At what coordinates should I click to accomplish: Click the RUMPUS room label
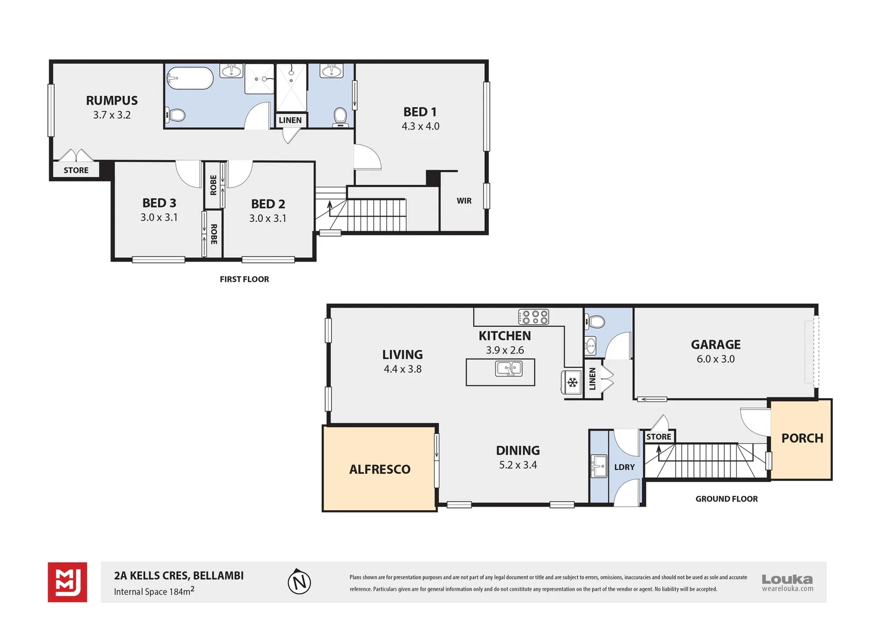(x=112, y=101)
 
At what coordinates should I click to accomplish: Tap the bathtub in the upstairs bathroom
(x=190, y=79)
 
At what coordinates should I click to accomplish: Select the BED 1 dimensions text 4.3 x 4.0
(x=420, y=126)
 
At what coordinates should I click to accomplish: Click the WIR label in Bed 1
(x=464, y=201)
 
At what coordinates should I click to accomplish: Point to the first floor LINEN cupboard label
(x=290, y=120)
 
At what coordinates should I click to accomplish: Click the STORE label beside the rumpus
(x=76, y=170)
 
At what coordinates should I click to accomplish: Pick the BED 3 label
(x=159, y=203)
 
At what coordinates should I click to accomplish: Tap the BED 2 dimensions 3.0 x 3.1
(x=268, y=218)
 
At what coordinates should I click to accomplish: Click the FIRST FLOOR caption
(x=244, y=279)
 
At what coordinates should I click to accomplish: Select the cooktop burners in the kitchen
(x=533, y=317)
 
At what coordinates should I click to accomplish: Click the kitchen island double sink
(x=509, y=369)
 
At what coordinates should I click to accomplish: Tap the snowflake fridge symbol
(x=572, y=382)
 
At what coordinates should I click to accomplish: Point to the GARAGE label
(x=715, y=344)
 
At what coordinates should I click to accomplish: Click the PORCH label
(x=802, y=438)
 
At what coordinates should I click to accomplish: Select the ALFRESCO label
(x=380, y=469)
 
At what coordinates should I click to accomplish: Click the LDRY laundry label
(x=624, y=467)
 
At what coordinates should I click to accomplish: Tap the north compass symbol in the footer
(x=299, y=582)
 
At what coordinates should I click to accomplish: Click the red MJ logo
(x=68, y=582)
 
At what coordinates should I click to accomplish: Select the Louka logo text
(x=786, y=579)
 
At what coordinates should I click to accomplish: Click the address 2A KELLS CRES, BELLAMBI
(x=179, y=575)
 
